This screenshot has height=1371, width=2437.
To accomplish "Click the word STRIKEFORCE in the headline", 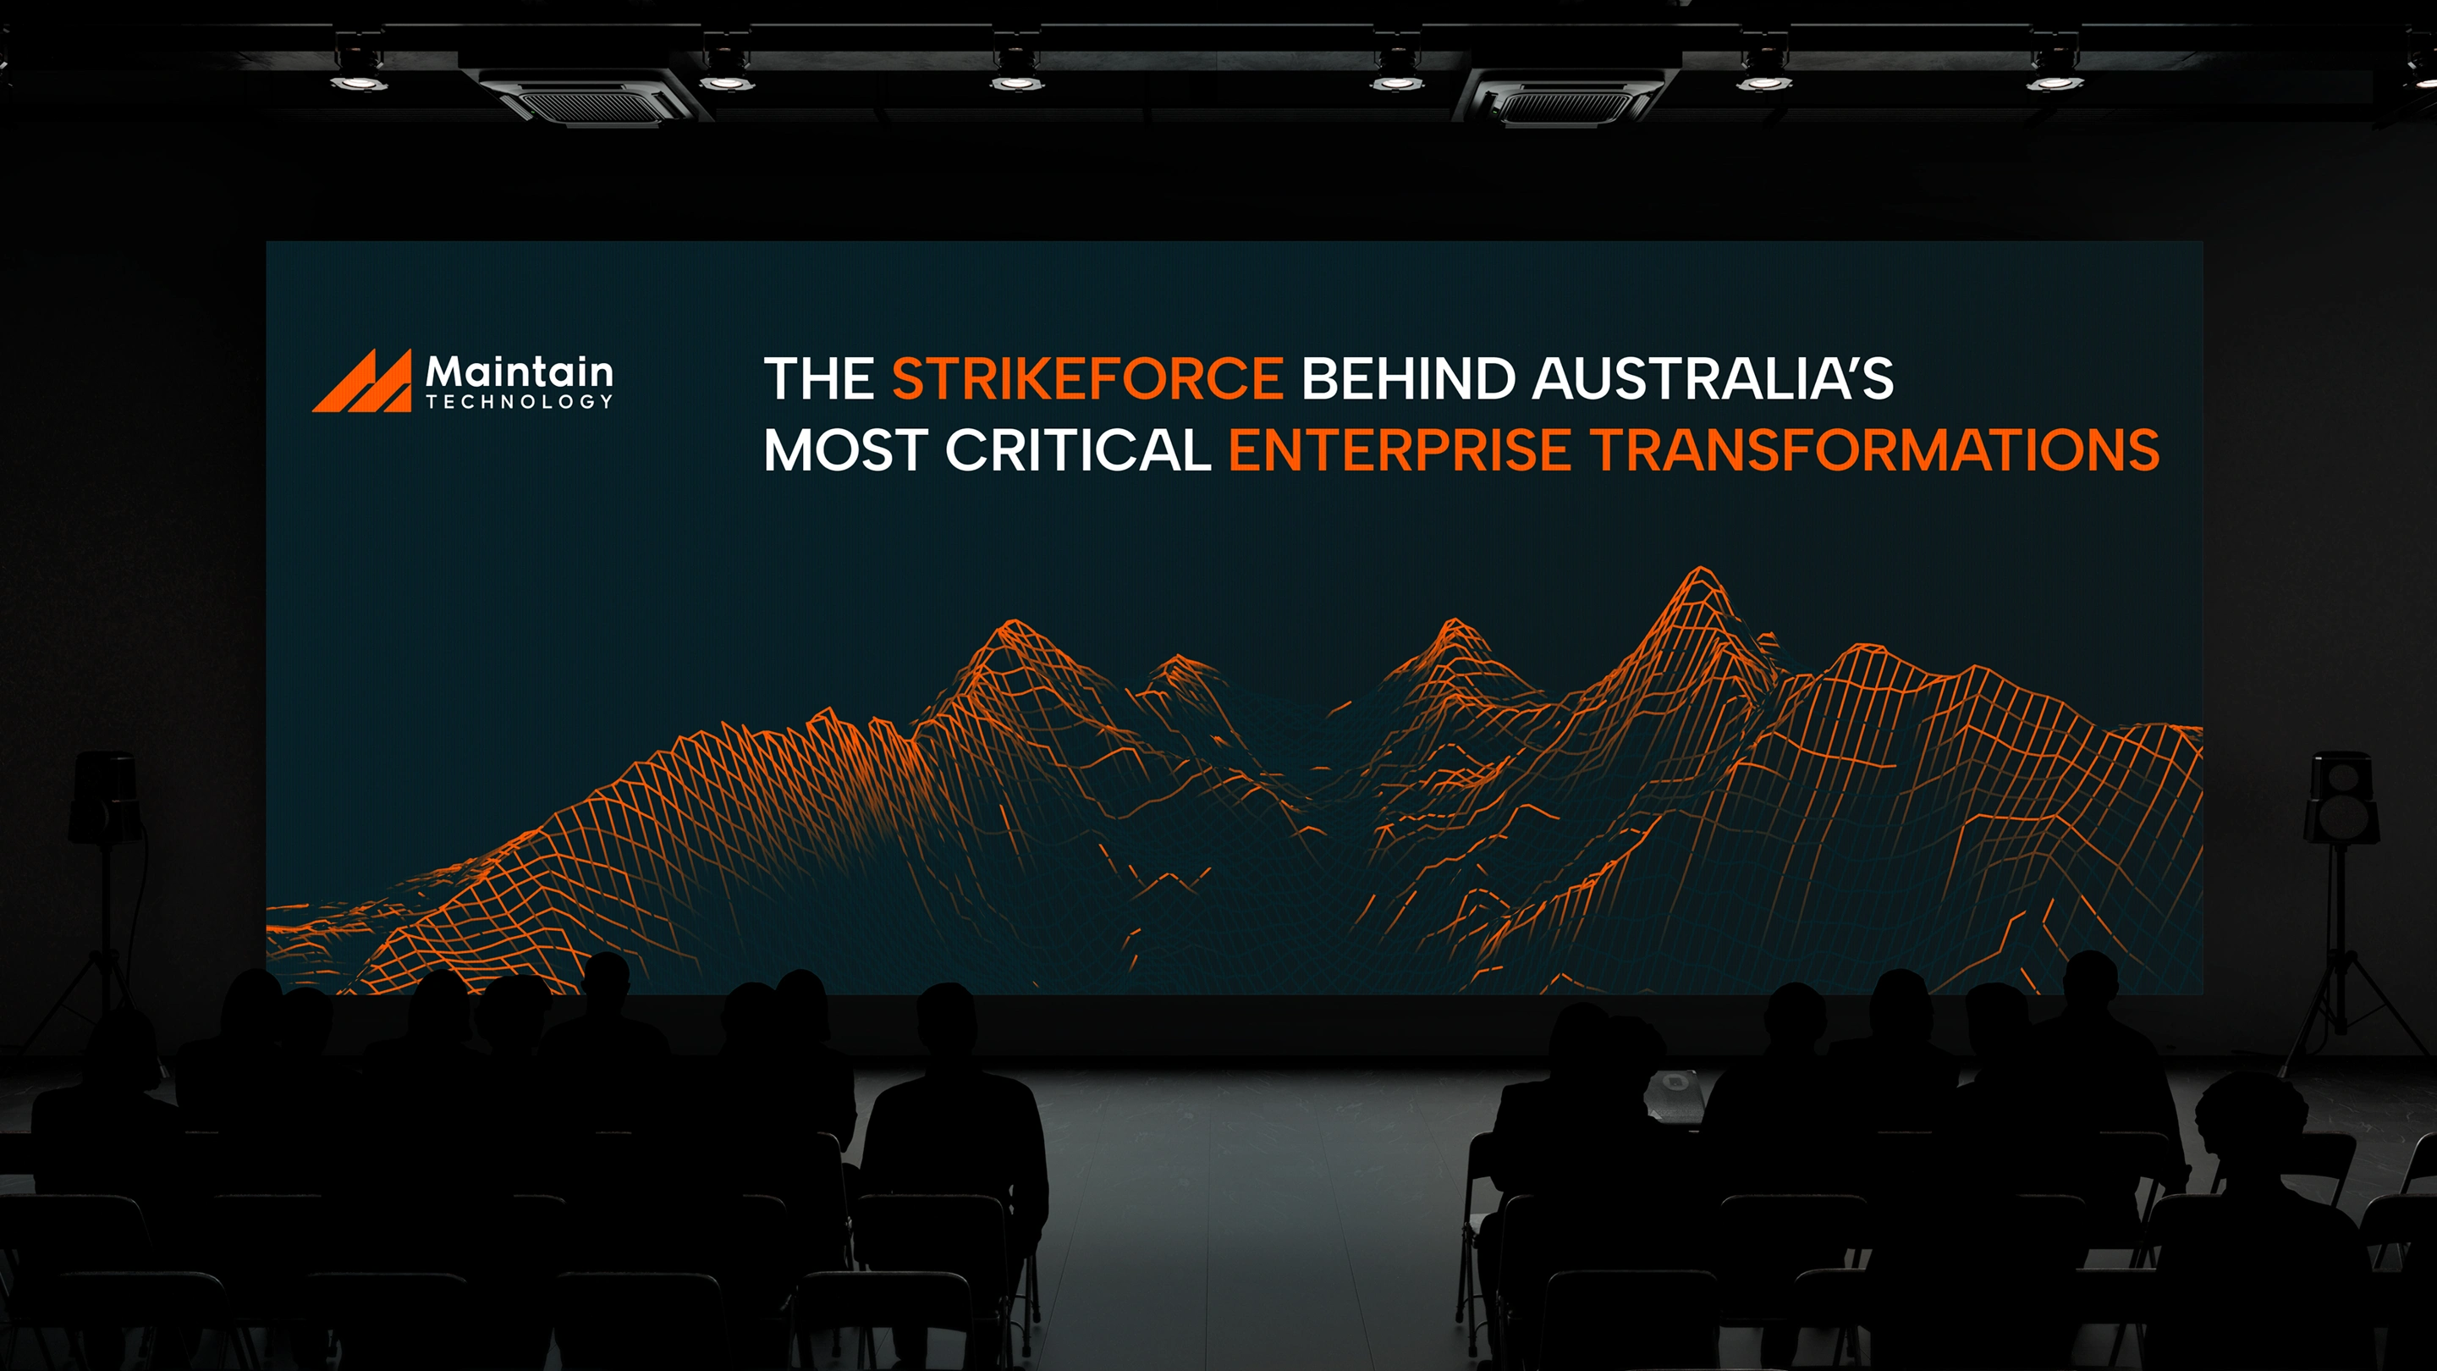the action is [1087, 378].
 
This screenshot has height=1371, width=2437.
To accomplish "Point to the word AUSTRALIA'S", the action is [1713, 377].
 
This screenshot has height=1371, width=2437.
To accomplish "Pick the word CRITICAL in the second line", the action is [1079, 449].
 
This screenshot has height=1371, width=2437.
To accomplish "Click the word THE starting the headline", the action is [819, 378].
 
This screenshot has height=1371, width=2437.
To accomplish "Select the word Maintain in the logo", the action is [520, 371].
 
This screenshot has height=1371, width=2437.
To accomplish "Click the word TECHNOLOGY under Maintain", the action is [520, 401].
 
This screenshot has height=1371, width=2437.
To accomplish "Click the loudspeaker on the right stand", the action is [2342, 796].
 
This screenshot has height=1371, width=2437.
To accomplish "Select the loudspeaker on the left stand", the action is [105, 796].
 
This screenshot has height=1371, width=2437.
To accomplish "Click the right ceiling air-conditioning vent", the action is [1566, 96].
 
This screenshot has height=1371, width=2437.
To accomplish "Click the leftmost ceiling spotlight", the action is [359, 71].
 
